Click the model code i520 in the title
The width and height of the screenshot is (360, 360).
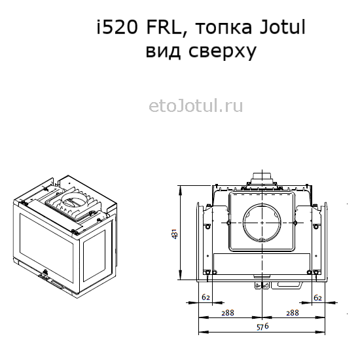(117, 27)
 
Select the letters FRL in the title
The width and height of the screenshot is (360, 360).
(164, 27)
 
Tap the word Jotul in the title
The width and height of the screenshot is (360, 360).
(283, 27)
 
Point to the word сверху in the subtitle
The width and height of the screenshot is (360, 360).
(223, 52)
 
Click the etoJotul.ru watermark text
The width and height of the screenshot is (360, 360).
(196, 106)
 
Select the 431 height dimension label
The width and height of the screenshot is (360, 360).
(175, 234)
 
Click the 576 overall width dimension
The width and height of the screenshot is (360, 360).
(262, 327)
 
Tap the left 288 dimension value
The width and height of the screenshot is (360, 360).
(228, 313)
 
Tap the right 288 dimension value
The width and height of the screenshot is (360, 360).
(293, 313)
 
